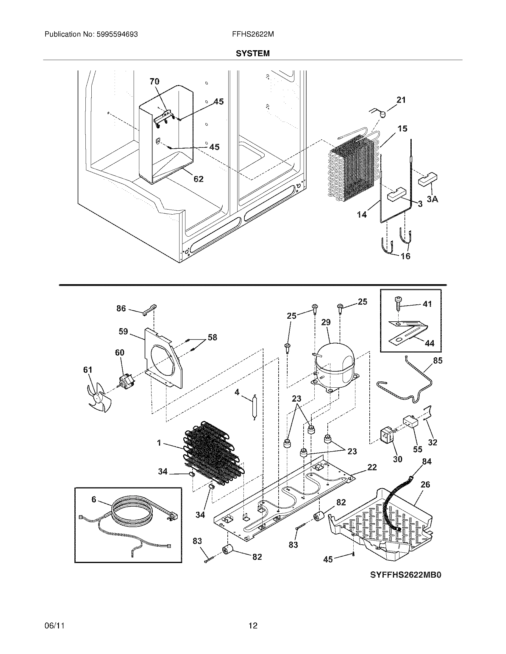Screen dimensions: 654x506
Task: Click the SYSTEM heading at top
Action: pos(252,53)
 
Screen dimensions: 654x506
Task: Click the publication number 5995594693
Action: pos(117,34)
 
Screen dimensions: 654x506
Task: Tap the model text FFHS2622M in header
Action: pos(252,34)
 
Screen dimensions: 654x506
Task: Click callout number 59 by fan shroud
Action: pos(123,331)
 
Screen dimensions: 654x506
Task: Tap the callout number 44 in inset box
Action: pos(430,343)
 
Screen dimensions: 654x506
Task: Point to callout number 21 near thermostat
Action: pos(401,100)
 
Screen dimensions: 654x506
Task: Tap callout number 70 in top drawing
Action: pos(154,81)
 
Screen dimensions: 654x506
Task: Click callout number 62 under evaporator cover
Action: pos(199,179)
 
